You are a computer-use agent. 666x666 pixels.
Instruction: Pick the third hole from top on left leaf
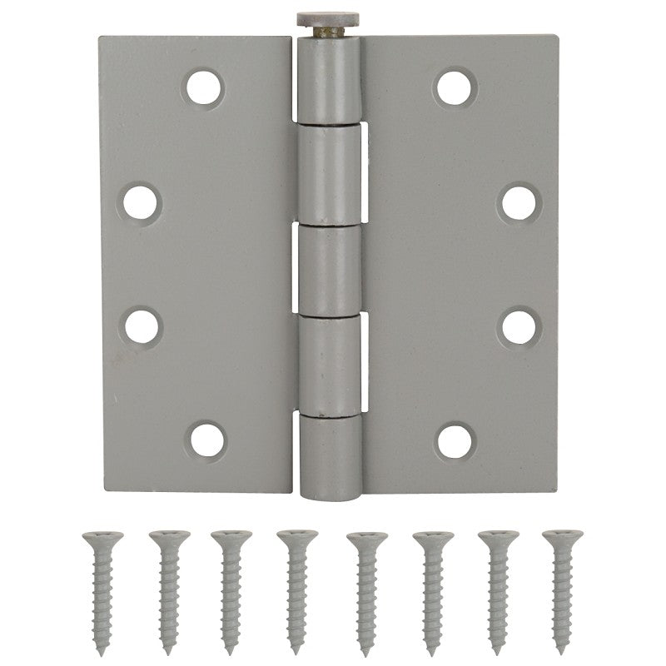tap(143, 326)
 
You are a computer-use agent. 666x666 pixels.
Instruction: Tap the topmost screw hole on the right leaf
tap(455, 87)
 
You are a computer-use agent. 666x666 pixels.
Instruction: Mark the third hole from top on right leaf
tap(519, 326)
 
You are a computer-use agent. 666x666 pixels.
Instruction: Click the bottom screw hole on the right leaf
tap(455, 438)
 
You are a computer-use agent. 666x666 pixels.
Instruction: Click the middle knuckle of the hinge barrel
tap(331, 268)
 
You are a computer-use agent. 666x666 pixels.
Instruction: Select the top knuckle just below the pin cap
tap(331, 79)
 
